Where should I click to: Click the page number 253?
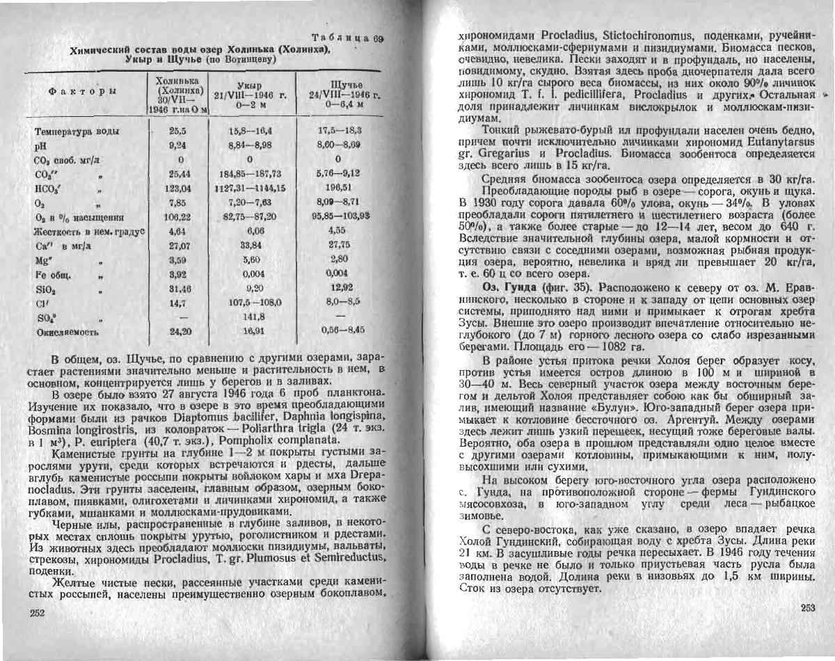(807, 608)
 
